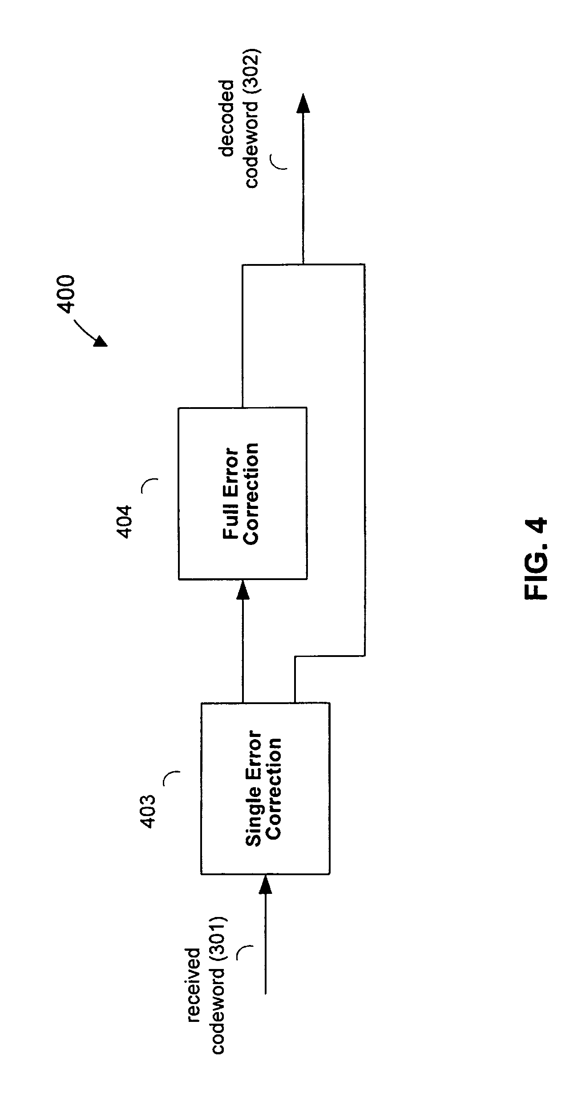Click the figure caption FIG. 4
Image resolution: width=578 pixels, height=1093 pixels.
536,558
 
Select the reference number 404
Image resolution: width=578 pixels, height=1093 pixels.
125,521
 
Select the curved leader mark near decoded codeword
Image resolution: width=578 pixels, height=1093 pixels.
279,162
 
